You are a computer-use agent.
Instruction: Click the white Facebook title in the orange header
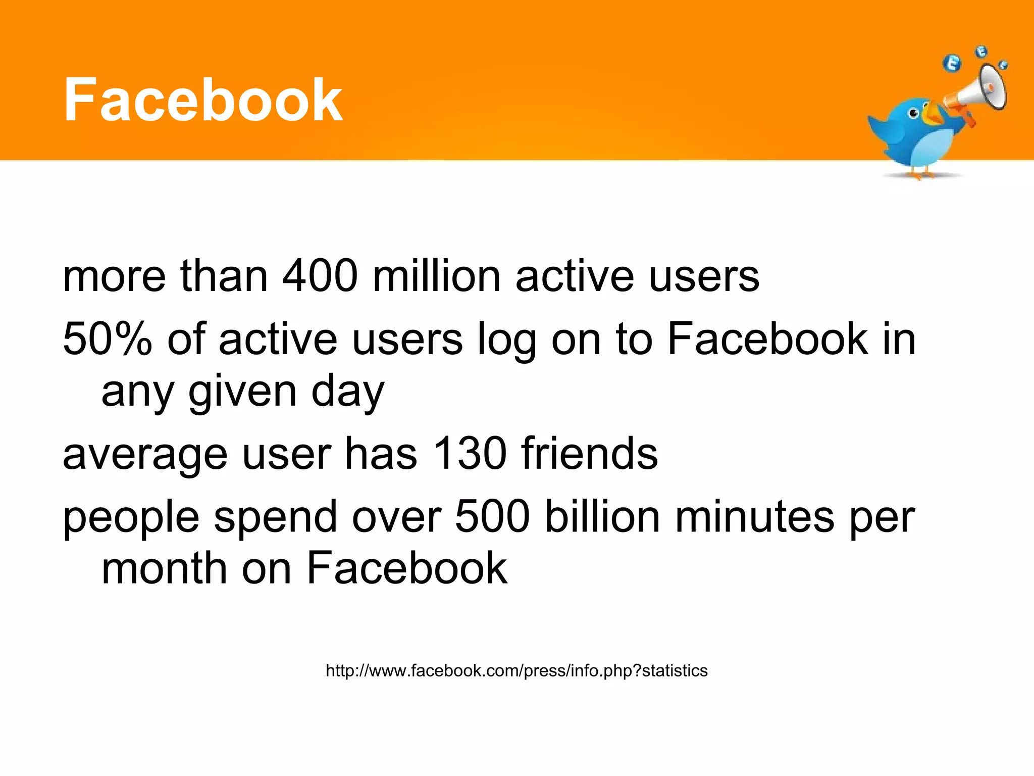pyautogui.click(x=203, y=100)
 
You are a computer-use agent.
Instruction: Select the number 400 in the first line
pyautogui.click(x=320, y=277)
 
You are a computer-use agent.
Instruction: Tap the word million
pyautogui.click(x=437, y=277)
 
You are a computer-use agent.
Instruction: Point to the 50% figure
pyautogui.click(x=107, y=339)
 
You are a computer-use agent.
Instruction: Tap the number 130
pyautogui.click(x=470, y=453)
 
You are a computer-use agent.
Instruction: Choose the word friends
pyautogui.click(x=590, y=453)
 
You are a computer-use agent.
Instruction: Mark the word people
pyautogui.click(x=131, y=518)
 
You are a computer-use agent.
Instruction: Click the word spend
pyautogui.click(x=276, y=518)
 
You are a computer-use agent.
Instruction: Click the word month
pyautogui.click(x=164, y=569)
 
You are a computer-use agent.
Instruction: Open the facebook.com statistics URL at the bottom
pyautogui.click(x=516, y=671)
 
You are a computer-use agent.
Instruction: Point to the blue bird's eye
pyautogui.click(x=913, y=114)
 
